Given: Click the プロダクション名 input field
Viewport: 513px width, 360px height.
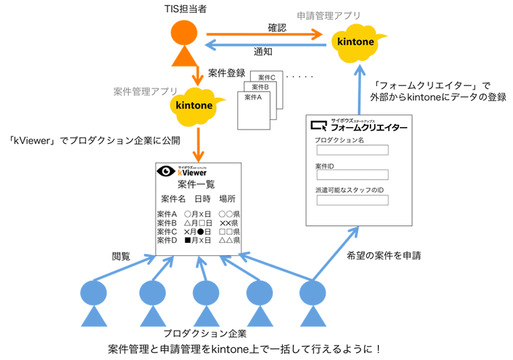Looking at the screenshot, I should point(352,150).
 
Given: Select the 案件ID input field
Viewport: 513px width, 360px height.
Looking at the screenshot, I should point(352,175).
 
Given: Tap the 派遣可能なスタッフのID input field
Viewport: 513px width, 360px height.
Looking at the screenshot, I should point(352,200).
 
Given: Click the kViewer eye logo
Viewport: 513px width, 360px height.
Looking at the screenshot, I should point(166,171).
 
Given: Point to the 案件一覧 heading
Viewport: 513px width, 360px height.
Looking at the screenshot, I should point(196,184).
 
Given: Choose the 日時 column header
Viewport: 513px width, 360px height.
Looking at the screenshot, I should point(202,199).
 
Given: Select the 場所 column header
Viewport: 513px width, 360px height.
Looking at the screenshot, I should point(227,199).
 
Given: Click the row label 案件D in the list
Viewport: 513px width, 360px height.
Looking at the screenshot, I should point(166,240).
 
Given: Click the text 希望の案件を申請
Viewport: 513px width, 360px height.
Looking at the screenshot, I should point(383,255).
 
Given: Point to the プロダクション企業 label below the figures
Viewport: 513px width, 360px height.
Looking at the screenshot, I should point(205,333).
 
